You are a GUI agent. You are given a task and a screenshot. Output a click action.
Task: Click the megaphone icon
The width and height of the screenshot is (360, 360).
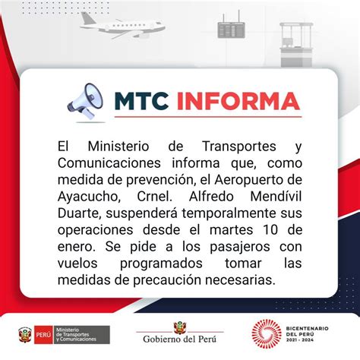pyautogui.click(x=85, y=101)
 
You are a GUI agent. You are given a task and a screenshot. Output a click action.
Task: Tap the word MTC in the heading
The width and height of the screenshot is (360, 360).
pyautogui.click(x=141, y=101)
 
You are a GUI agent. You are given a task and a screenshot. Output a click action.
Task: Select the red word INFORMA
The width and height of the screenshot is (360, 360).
pyautogui.click(x=238, y=101)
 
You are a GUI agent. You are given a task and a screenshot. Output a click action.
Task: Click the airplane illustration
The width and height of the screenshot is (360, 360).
pyautogui.click(x=122, y=25)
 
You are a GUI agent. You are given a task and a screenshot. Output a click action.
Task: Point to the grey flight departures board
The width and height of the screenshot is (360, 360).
pyautogui.click(x=231, y=29)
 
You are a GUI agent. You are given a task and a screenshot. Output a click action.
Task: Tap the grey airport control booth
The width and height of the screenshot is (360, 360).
pyautogui.click(x=296, y=45)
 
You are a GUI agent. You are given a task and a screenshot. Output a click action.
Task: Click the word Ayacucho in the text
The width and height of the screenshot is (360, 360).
pyautogui.click(x=89, y=197)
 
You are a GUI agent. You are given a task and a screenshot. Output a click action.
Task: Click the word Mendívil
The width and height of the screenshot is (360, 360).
pyautogui.click(x=276, y=197)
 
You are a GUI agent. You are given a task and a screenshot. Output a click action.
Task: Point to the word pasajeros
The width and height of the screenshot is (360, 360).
pyautogui.click(x=240, y=247)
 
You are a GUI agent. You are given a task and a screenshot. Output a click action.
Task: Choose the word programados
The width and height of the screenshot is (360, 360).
pyautogui.click(x=161, y=264)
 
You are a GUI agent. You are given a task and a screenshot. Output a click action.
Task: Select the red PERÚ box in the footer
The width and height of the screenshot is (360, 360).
pyautogui.click(x=43, y=335)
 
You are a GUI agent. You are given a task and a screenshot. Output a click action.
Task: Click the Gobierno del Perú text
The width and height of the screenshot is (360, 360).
pyautogui.click(x=179, y=339)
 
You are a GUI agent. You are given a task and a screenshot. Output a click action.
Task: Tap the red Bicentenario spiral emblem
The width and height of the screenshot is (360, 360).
pyautogui.click(x=267, y=334)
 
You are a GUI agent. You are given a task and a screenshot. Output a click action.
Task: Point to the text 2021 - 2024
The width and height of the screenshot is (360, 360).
pyautogui.click(x=300, y=340)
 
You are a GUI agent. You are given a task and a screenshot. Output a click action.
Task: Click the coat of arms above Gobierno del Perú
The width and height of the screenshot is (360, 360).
pyautogui.click(x=180, y=327)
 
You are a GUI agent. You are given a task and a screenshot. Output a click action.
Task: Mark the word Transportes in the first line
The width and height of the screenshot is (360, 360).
pyautogui.click(x=239, y=147)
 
